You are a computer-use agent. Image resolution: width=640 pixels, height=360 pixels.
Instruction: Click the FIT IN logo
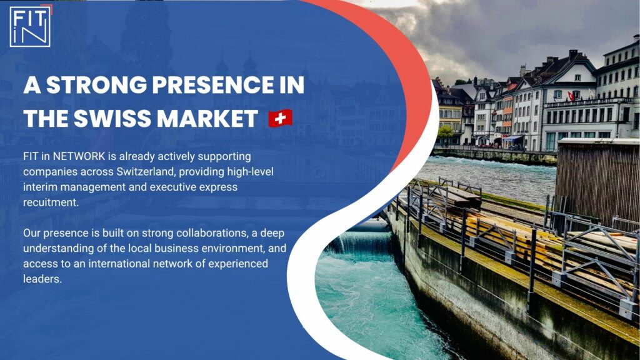[30, 26]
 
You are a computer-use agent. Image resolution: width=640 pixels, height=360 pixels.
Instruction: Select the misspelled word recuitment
[51, 202]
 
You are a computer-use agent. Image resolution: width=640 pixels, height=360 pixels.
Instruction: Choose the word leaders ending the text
[42, 279]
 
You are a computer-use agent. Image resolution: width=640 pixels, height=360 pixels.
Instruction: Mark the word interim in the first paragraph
[41, 187]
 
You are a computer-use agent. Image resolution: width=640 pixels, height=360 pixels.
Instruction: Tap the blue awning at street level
[512, 138]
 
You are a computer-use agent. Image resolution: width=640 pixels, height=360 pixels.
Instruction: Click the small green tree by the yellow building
[445, 132]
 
